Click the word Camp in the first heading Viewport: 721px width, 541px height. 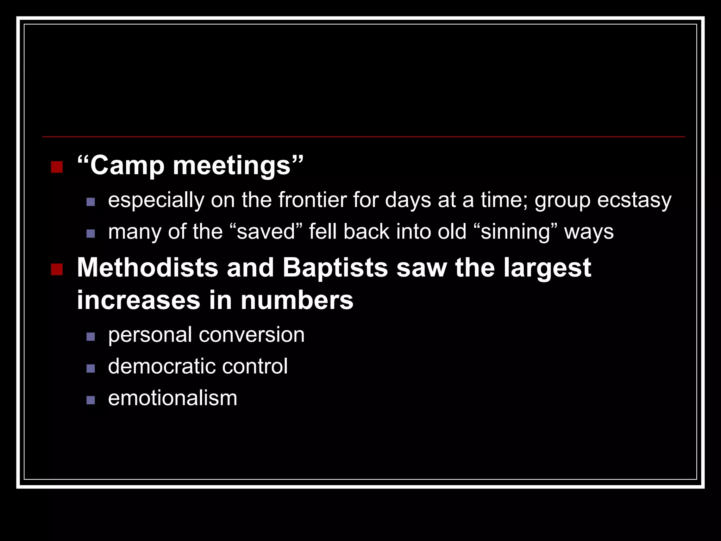(127, 166)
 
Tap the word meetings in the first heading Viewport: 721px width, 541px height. (232, 166)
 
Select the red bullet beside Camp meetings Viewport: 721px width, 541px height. (57, 167)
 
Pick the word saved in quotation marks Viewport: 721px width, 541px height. (266, 232)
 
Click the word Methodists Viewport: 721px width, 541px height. (148, 268)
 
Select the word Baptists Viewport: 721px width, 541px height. (335, 268)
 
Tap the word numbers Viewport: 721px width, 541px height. (297, 300)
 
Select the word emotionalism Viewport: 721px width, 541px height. (173, 398)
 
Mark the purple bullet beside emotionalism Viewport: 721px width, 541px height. (91, 400)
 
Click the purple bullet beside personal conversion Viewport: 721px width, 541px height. (91, 337)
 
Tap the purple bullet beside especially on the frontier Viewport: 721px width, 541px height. (91, 202)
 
